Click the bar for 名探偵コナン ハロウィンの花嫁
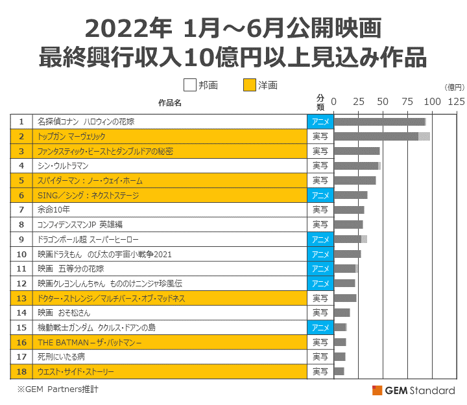(x=379, y=122)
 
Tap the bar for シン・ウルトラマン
(x=357, y=166)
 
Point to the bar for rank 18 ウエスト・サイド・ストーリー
(x=339, y=371)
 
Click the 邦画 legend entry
(x=202, y=85)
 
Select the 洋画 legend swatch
(x=249, y=85)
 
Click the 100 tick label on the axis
(x=433, y=102)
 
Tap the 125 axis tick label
(x=456, y=102)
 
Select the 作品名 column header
(x=170, y=102)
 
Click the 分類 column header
(x=320, y=102)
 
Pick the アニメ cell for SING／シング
(x=320, y=195)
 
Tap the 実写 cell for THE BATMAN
(x=320, y=342)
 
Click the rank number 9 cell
(x=21, y=239)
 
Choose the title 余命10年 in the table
(x=54, y=210)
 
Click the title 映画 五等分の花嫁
(x=71, y=268)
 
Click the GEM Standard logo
(x=414, y=390)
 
